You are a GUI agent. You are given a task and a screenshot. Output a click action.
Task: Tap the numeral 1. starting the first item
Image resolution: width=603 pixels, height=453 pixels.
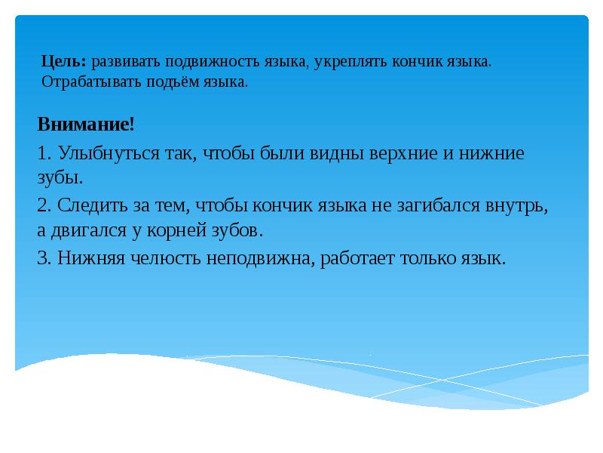[x=44, y=153]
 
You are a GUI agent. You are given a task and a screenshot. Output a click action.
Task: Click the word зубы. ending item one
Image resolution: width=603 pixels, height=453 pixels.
[x=58, y=178]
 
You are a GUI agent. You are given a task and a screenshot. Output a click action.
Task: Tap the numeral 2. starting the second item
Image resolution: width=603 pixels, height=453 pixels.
[x=44, y=205]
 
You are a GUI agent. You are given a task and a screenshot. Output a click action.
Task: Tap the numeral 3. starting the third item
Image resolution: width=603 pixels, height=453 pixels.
[x=44, y=257]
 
